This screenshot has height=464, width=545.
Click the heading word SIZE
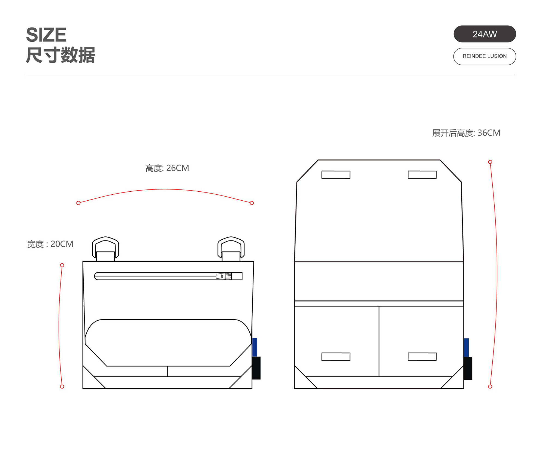[x=46, y=35]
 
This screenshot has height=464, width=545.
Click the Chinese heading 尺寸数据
[x=60, y=55]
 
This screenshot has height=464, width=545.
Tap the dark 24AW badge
[x=485, y=34]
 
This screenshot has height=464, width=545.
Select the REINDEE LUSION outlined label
[x=485, y=56]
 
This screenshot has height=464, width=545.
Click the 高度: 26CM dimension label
[x=167, y=168]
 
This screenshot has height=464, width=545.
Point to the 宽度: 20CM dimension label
[x=50, y=244]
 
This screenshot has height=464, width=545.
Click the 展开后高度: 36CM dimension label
[x=466, y=133]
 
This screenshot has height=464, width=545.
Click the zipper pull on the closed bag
[x=224, y=276]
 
